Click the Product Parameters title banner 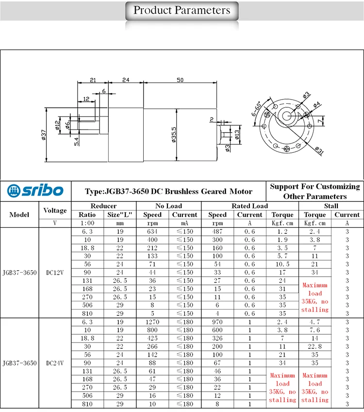tap(182, 11)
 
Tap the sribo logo tap(35, 191)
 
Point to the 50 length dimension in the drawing tap(180, 81)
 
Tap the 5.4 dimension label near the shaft tap(76, 140)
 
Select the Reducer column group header tap(104, 206)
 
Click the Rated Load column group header tap(249, 206)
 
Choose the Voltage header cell tap(55, 210)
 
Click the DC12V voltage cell tap(55, 273)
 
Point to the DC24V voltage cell tap(55, 363)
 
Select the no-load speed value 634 tap(152, 231)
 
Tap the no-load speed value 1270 tap(152, 321)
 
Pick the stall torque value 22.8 tap(314, 346)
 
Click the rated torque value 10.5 tap(282, 264)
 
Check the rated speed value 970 tap(217, 321)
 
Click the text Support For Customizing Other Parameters tap(315, 191)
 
